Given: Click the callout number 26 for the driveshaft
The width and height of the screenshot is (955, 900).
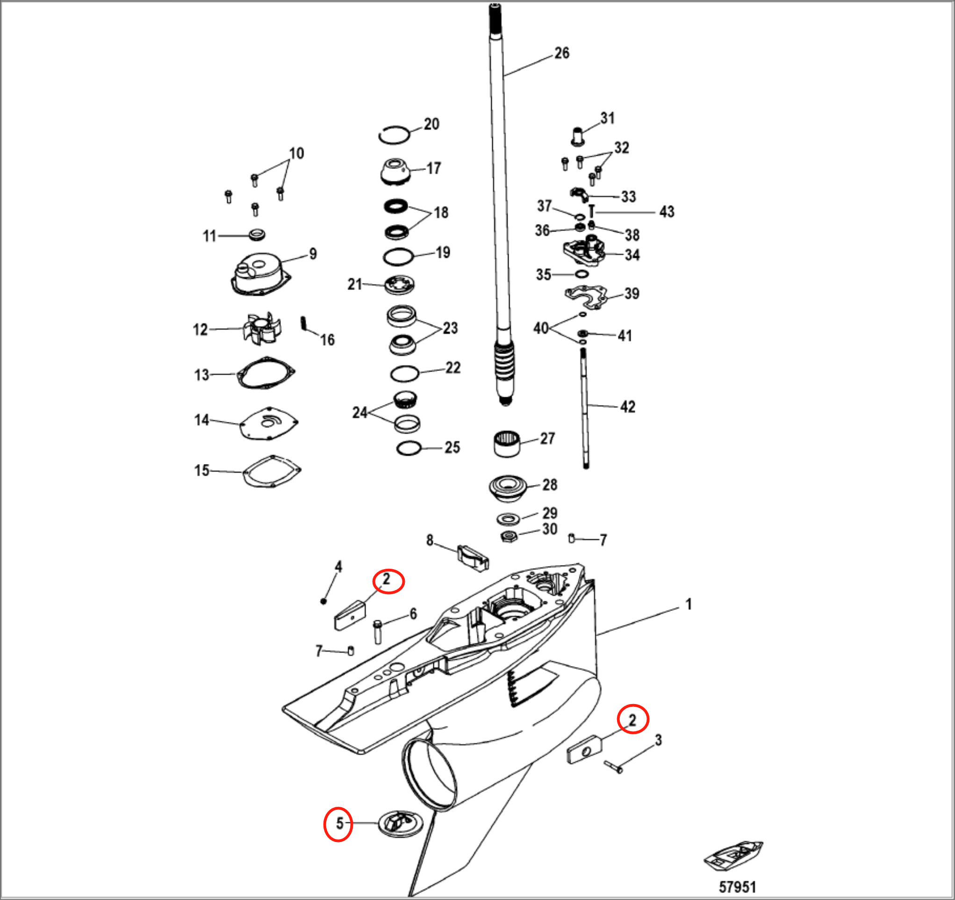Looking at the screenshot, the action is (x=561, y=53).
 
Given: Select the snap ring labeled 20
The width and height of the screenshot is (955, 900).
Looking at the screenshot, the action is (x=394, y=135).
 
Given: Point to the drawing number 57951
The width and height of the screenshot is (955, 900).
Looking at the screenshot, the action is (x=737, y=887).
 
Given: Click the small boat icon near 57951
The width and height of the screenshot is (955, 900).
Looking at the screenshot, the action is (x=733, y=856).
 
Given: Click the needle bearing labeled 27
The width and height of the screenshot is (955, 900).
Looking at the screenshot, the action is (x=507, y=444).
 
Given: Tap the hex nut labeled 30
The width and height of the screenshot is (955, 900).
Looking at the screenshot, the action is (x=509, y=536).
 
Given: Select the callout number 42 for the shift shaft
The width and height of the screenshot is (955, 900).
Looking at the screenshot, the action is (x=627, y=407).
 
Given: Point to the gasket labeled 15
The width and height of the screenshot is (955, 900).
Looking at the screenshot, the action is (x=273, y=471).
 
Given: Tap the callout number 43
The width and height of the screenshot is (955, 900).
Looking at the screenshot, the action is (x=667, y=211).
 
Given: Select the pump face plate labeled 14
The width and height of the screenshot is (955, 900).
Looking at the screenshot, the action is (x=268, y=423).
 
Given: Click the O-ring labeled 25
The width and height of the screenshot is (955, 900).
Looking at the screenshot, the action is (x=409, y=448).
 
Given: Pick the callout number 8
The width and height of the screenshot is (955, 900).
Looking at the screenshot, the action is (x=430, y=540).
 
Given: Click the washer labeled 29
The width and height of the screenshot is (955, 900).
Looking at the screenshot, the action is (x=508, y=519).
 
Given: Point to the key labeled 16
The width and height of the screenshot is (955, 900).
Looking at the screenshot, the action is (x=303, y=323).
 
